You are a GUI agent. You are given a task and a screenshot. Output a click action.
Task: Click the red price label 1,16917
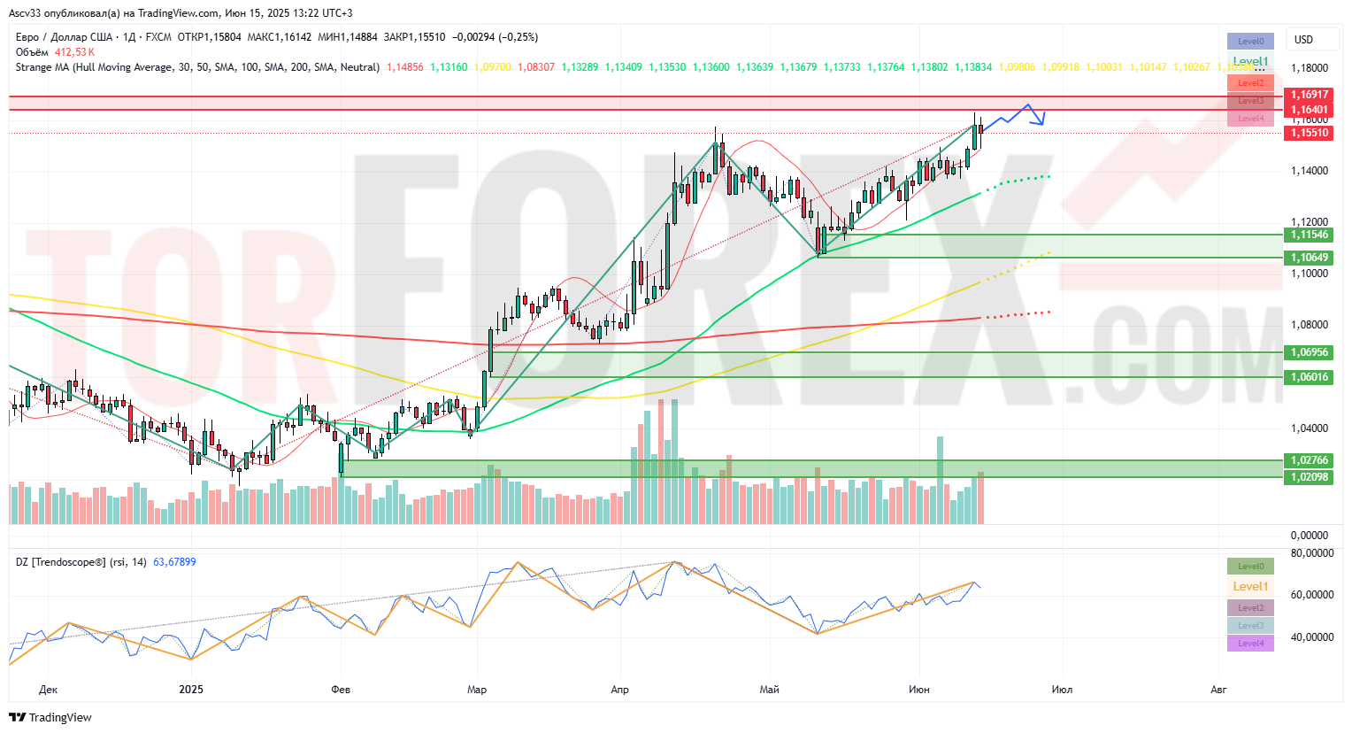click(x=1309, y=95)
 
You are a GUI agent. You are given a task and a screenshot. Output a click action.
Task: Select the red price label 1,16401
click(x=1309, y=110)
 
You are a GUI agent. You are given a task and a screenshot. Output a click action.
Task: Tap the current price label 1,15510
click(x=1309, y=133)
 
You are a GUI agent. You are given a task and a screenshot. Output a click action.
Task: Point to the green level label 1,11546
click(x=1309, y=235)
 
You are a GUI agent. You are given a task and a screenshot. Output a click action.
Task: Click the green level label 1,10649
click(x=1309, y=258)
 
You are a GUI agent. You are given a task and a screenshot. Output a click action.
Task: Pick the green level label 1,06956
click(x=1309, y=352)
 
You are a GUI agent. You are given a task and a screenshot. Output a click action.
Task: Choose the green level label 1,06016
click(x=1309, y=377)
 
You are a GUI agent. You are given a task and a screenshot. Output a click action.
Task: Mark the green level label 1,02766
click(x=1309, y=460)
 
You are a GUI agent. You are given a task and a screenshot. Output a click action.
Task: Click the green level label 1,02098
click(x=1309, y=477)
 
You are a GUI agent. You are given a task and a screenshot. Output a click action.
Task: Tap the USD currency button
click(x=1303, y=40)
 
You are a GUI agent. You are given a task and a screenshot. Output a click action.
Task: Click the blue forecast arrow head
click(x=1041, y=120)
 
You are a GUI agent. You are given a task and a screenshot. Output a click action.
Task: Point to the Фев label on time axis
click(x=341, y=690)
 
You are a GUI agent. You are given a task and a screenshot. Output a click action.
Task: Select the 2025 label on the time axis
click(x=191, y=690)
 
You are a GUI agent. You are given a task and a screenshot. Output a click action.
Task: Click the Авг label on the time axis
click(x=1218, y=690)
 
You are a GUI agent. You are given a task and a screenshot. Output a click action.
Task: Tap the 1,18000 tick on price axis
click(x=1309, y=68)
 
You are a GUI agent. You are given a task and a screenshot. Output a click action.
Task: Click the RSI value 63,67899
click(x=174, y=562)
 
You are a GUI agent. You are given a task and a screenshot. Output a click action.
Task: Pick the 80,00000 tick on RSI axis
click(x=1311, y=553)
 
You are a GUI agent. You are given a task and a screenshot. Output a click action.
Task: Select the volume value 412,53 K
click(x=74, y=52)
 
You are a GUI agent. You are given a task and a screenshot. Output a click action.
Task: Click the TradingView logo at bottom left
click(x=52, y=717)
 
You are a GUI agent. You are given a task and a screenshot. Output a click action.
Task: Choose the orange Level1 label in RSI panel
click(x=1250, y=586)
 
